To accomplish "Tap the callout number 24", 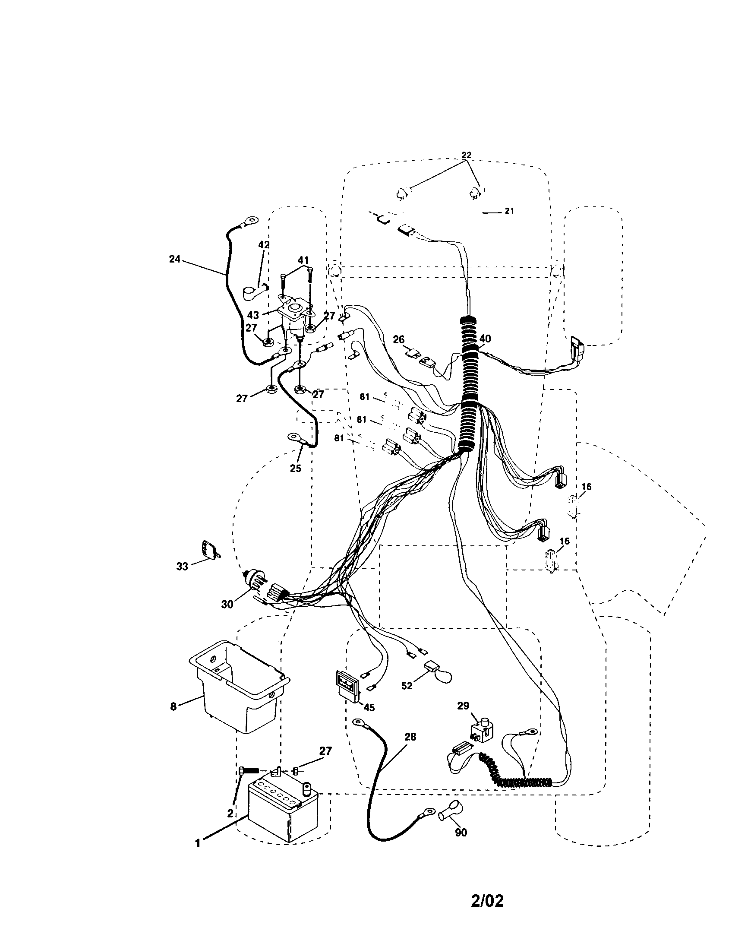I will (x=174, y=259).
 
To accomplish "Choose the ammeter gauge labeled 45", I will (x=348, y=687).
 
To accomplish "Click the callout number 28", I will (x=410, y=737).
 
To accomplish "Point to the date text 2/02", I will (x=487, y=899).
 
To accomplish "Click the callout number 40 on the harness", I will (x=485, y=339).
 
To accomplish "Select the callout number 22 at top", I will (x=466, y=155).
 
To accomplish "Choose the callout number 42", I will (x=264, y=245).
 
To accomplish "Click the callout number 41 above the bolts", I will (x=303, y=260).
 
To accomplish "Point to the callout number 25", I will (x=296, y=469).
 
